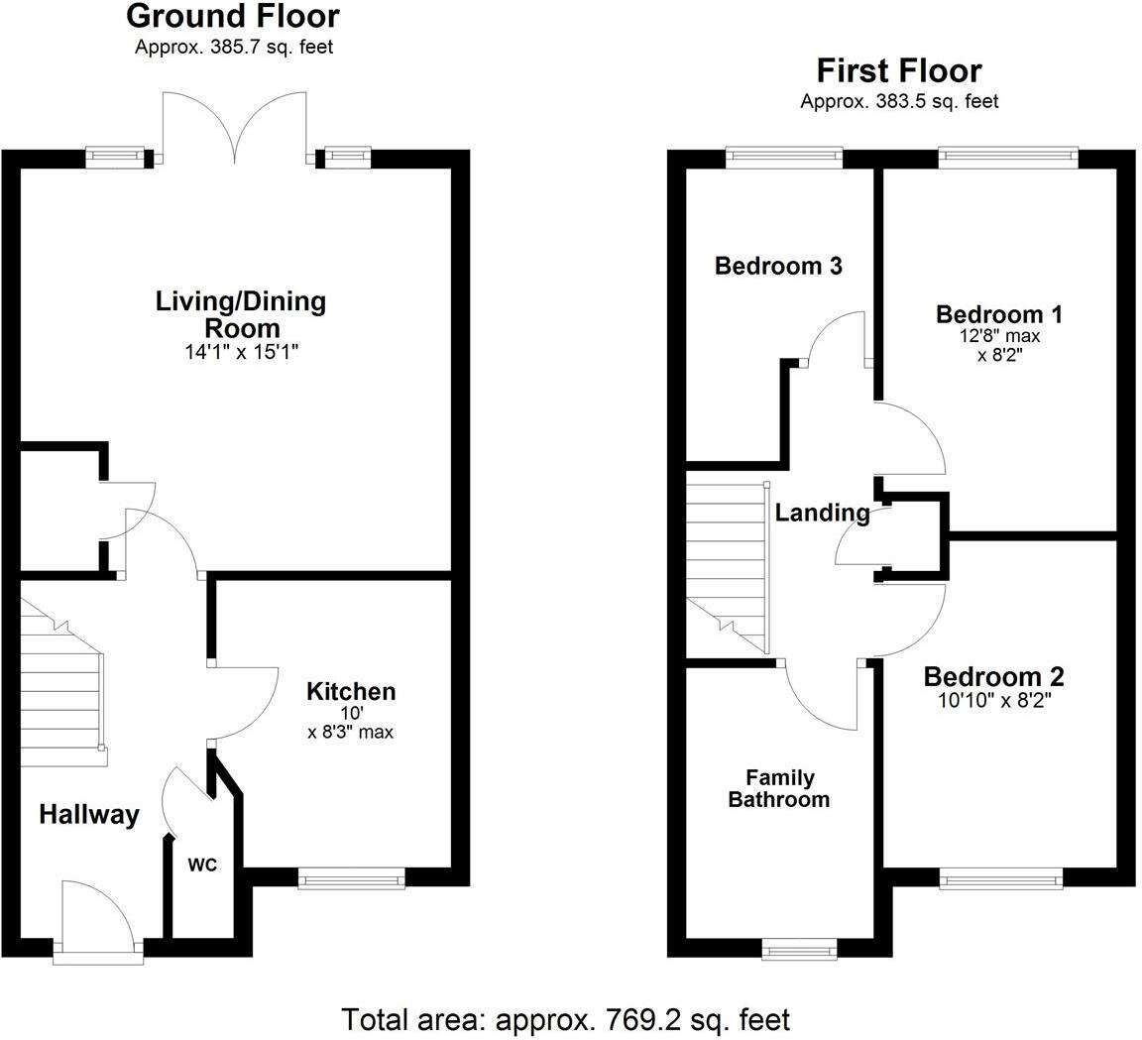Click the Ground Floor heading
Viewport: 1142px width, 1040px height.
point(233,17)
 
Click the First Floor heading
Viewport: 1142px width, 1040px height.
point(898,71)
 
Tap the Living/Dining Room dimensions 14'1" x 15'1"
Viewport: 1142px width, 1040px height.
point(240,351)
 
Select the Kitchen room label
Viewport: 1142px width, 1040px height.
point(350,691)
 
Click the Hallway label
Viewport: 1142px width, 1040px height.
point(89,815)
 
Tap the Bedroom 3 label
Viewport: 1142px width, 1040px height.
point(778,266)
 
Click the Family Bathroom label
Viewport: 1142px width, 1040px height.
point(778,789)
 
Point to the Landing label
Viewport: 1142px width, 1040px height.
point(822,513)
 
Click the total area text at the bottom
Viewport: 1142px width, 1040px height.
point(566,1018)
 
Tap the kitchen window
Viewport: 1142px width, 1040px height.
point(352,877)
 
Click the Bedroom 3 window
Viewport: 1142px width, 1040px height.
point(783,157)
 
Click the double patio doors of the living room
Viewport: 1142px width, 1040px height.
point(234,127)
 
